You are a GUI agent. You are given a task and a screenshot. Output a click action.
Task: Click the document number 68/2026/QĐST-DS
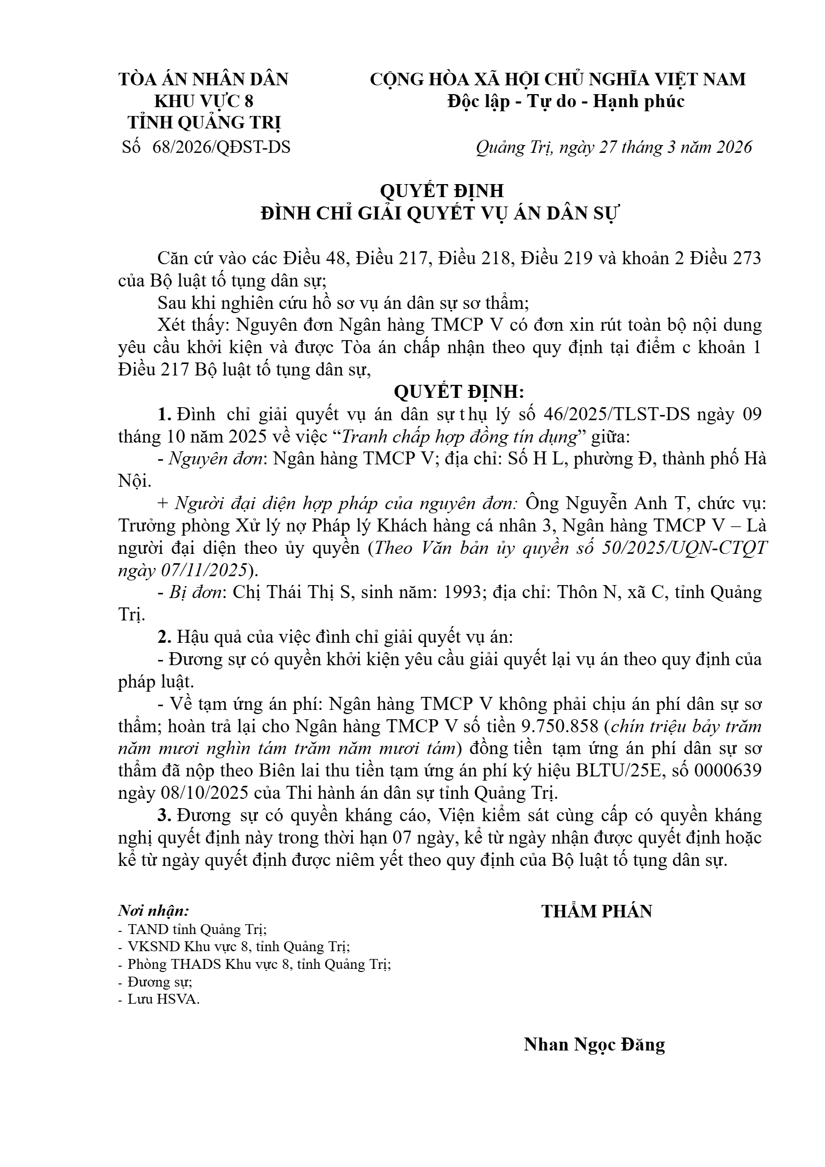click(x=222, y=148)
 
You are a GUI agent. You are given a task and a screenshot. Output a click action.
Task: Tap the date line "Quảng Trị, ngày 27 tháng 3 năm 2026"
click(x=614, y=148)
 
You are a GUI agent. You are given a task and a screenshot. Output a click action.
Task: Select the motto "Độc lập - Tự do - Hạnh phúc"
click(x=566, y=101)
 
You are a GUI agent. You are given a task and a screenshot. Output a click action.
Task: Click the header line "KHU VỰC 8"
click(x=204, y=101)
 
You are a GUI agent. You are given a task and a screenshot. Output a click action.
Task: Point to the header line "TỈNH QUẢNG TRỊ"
click(x=204, y=123)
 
